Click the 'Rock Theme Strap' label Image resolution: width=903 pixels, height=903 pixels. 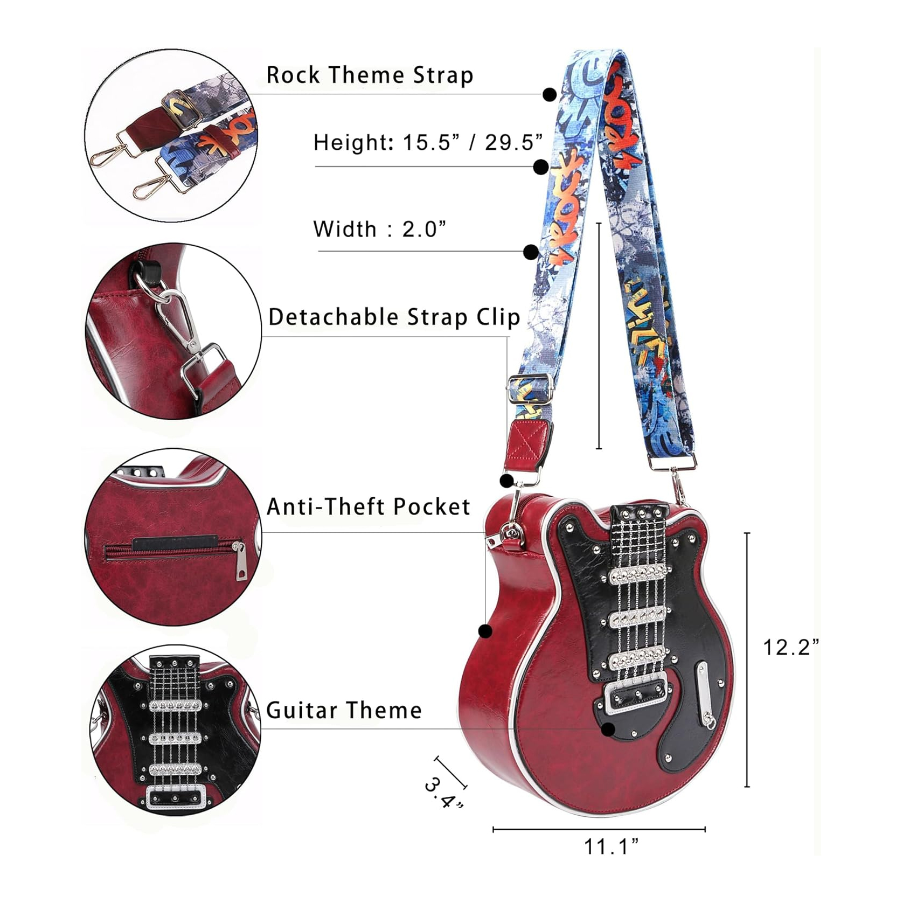pyautogui.click(x=370, y=75)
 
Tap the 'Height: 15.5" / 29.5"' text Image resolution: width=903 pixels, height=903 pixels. pyautogui.click(x=428, y=143)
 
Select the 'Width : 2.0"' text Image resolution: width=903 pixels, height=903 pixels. pyautogui.click(x=380, y=229)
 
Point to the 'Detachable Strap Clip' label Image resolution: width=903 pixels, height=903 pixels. pyautogui.click(x=394, y=317)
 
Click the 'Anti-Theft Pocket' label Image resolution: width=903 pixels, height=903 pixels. pyautogui.click(x=369, y=506)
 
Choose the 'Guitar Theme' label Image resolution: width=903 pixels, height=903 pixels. pyautogui.click(x=344, y=710)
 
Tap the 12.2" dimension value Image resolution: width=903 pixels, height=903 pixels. pyautogui.click(x=790, y=647)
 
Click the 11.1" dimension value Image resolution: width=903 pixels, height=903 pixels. pyautogui.click(x=612, y=846)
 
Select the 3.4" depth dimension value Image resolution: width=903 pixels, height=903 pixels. pyautogui.click(x=443, y=793)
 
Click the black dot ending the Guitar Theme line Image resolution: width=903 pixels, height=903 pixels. pyautogui.click(x=608, y=730)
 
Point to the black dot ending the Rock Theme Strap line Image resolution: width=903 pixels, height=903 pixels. pyautogui.click(x=550, y=95)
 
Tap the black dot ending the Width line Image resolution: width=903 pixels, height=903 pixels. pyautogui.click(x=531, y=252)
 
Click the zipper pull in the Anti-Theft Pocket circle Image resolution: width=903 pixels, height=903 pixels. pyautogui.click(x=240, y=562)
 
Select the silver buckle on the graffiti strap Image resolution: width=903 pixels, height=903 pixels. pyautogui.click(x=531, y=387)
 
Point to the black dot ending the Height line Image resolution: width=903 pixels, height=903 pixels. pyautogui.click(x=541, y=167)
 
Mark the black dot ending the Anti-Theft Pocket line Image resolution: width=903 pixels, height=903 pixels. pyautogui.click(x=485, y=631)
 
